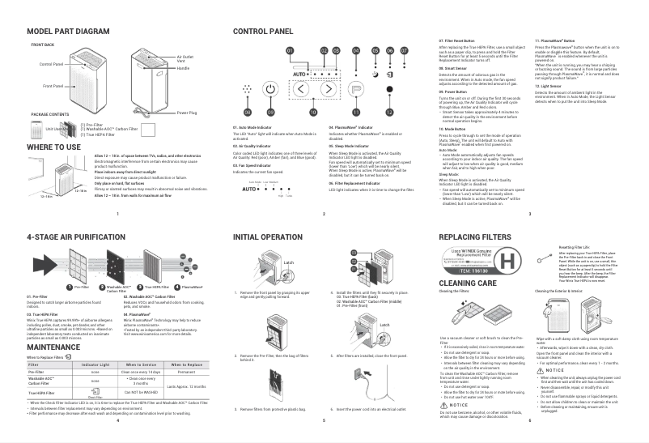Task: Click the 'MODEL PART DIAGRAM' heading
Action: coord(68,31)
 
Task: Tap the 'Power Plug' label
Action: coord(187,113)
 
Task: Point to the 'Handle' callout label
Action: coord(183,68)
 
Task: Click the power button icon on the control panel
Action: coord(272,90)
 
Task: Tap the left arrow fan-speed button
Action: coord(300,90)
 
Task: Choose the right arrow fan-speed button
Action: coord(328,90)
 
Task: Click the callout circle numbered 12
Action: coord(389,111)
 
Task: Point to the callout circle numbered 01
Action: coord(290,50)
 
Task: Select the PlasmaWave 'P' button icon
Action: coord(357,90)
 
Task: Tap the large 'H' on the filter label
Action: coord(508,262)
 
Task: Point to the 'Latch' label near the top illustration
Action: coord(289,263)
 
